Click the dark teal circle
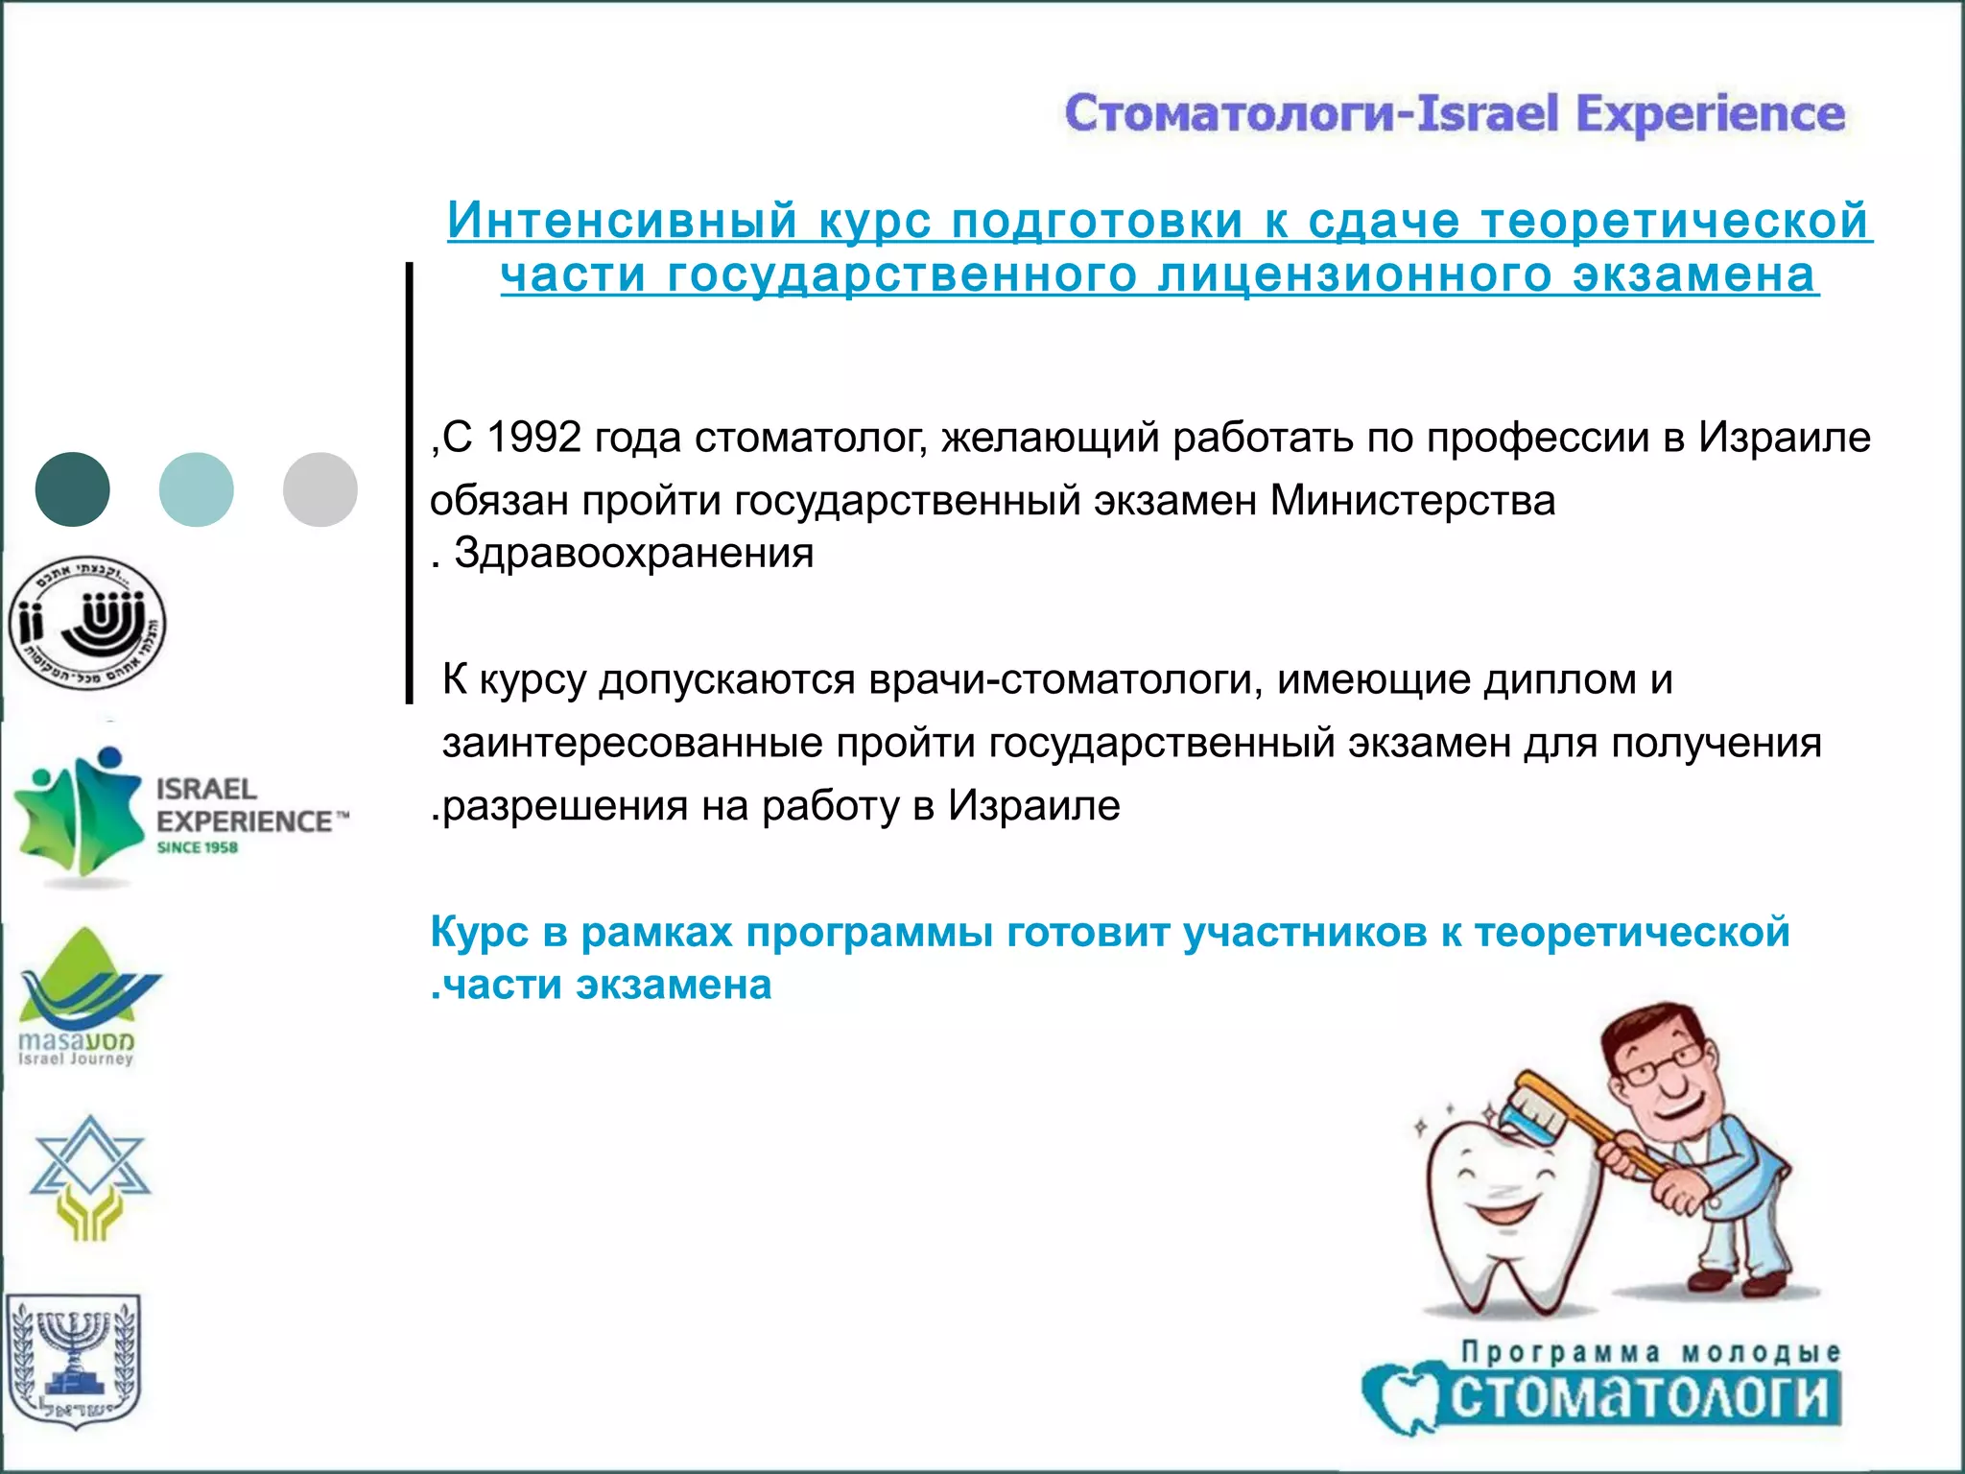(72, 489)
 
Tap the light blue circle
(197, 489)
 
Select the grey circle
(320, 489)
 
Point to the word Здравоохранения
(633, 554)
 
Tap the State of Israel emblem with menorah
(73, 1359)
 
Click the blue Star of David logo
(89, 1176)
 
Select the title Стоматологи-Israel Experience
(1455, 113)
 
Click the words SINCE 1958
(198, 847)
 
